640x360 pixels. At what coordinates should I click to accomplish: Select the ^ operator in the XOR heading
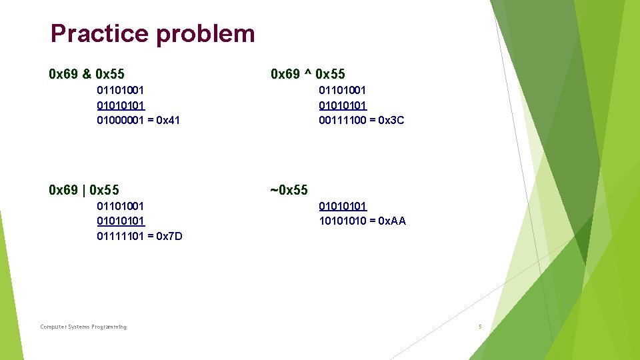(x=309, y=73)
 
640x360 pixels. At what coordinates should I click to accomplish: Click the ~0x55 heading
(x=289, y=191)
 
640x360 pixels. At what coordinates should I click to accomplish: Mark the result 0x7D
(x=169, y=237)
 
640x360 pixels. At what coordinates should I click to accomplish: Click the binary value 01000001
(x=121, y=121)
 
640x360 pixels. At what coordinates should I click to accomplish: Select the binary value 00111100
(x=343, y=121)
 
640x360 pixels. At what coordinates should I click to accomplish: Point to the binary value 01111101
(x=121, y=237)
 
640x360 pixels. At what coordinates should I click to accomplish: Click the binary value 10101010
(x=343, y=221)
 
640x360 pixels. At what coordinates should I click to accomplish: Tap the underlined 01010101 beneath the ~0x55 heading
(x=343, y=207)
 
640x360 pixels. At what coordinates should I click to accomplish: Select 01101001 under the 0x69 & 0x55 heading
(x=121, y=90)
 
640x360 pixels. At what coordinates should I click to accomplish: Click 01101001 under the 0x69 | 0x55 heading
(x=121, y=207)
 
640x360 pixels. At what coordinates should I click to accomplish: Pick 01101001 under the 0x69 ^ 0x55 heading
(x=343, y=90)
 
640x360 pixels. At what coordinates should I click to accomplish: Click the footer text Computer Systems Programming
(x=83, y=327)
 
